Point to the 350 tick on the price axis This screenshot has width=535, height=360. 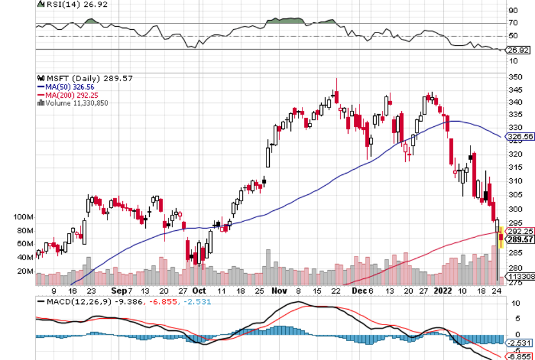514,77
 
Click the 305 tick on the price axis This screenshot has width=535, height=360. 514,194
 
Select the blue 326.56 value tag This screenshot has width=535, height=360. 520,137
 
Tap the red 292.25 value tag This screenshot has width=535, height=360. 520,231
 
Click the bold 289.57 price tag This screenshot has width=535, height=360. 520,239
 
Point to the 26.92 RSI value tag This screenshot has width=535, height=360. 520,50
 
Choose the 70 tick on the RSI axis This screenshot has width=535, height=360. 513,23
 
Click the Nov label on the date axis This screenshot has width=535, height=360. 280,290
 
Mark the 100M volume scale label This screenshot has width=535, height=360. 24,217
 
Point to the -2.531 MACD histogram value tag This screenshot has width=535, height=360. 520,342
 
